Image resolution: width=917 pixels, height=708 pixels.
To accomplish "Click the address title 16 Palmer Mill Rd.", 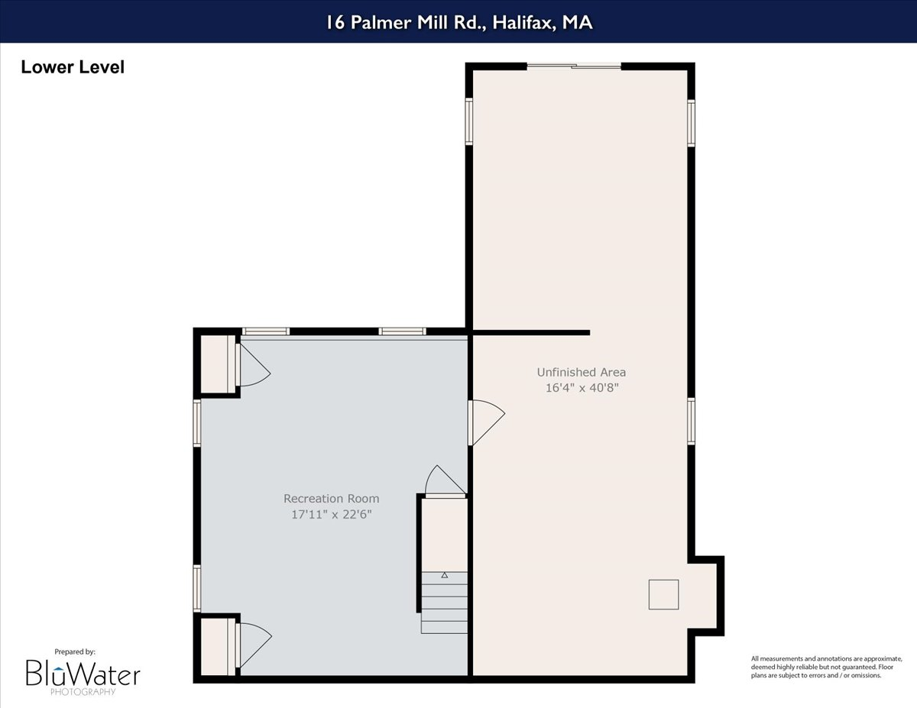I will [x=458, y=22].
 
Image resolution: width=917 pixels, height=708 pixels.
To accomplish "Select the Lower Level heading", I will [x=73, y=67].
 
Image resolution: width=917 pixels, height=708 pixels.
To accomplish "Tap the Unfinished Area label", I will [x=581, y=372].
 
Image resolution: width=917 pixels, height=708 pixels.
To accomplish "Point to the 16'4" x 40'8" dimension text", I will [x=581, y=387].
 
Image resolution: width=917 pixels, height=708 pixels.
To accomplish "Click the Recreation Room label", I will [x=331, y=499].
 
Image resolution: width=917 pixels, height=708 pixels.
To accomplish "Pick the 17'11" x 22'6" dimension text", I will [x=331, y=514].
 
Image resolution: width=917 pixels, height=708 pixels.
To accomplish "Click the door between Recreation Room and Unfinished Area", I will [x=485, y=422].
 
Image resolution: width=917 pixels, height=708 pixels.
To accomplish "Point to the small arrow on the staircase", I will [x=445, y=574].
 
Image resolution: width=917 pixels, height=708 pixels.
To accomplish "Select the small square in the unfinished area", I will [x=663, y=594].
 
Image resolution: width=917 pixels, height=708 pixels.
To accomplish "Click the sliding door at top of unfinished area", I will [x=575, y=66].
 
